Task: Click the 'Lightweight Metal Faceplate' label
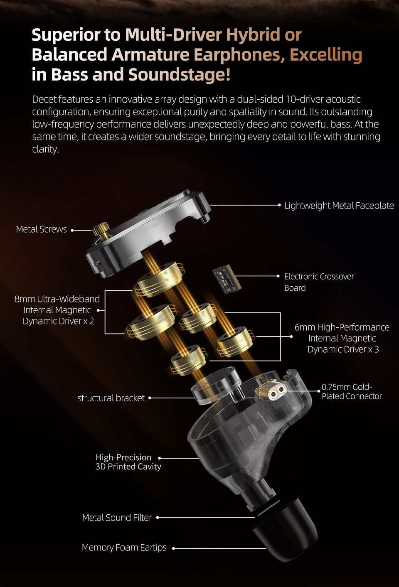339,206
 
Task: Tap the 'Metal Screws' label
42,229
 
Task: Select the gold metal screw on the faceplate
101,230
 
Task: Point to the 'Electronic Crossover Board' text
319,282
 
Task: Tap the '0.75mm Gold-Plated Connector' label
352,391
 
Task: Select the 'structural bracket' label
111,398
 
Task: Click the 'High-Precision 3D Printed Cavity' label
128,462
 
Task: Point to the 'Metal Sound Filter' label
117,518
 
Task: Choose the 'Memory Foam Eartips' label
124,548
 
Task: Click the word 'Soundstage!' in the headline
179,74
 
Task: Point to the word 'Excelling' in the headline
326,54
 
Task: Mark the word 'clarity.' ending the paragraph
45,149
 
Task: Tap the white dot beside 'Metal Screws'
72,230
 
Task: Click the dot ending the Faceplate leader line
279,205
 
